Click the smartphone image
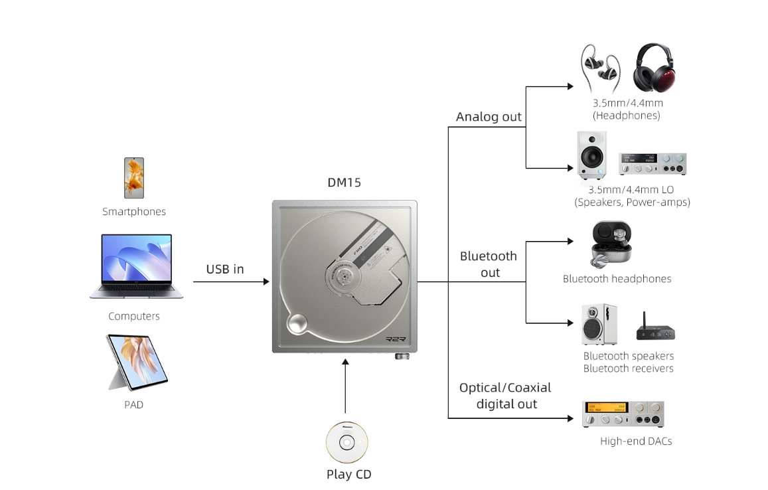pyautogui.click(x=133, y=177)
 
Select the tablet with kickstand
pyautogui.click(x=135, y=362)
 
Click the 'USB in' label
pyautogui.click(x=225, y=269)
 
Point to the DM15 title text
pyautogui.click(x=345, y=183)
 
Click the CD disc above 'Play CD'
pyautogui.click(x=346, y=442)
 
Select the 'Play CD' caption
pyautogui.click(x=349, y=474)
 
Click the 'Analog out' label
pyautogui.click(x=489, y=117)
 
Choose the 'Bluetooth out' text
pyautogui.click(x=489, y=264)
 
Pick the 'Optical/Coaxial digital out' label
pyautogui.click(x=505, y=395)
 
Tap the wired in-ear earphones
pyautogui.click(x=601, y=68)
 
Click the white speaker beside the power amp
pyautogui.click(x=590, y=155)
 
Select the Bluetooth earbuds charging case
pyautogui.click(x=611, y=244)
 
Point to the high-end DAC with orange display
pyautogui.click(x=623, y=414)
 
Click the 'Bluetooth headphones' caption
pyautogui.click(x=617, y=279)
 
